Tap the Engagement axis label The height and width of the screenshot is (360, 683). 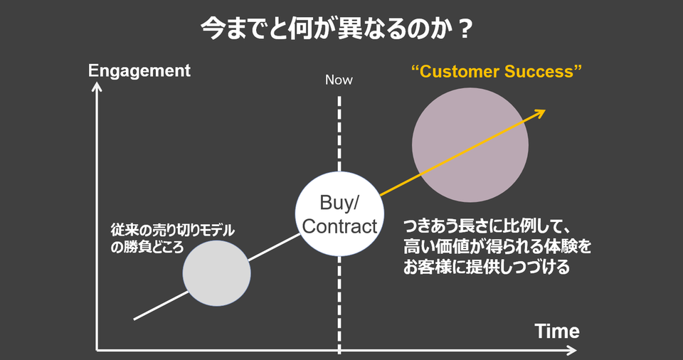click(139, 70)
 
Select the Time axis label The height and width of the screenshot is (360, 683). click(557, 331)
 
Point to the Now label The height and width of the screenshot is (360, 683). click(339, 80)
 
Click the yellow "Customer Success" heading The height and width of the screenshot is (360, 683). click(497, 71)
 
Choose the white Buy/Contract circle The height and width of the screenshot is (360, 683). click(339, 214)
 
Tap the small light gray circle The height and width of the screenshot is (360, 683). click(216, 273)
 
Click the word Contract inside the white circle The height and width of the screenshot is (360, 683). click(339, 227)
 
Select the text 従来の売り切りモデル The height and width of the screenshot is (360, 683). click(172, 231)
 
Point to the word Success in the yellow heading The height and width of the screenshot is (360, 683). click(543, 71)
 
